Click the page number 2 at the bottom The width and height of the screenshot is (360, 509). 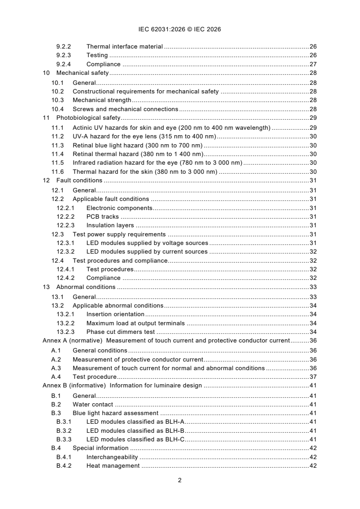click(180, 480)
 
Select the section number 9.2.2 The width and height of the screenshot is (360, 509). click(64, 47)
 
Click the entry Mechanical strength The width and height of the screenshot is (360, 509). click(102, 100)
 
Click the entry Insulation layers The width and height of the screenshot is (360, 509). click(110, 225)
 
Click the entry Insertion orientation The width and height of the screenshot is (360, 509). click(115, 314)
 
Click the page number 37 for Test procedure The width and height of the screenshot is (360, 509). click(313, 377)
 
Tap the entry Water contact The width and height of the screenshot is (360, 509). click(93, 404)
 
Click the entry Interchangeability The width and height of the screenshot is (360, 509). click(112, 457)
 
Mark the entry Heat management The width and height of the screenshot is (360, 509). click(113, 466)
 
